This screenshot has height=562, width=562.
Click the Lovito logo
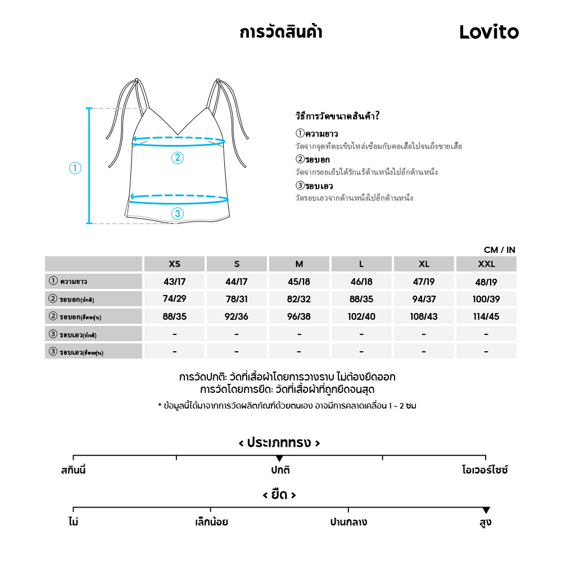[489, 32]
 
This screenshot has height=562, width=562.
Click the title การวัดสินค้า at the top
[280, 32]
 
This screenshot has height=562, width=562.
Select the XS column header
[175, 264]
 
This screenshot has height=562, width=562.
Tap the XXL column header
[486, 264]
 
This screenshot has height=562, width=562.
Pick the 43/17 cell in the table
[175, 282]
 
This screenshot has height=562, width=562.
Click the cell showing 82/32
[299, 299]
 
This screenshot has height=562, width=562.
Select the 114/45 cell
[486, 316]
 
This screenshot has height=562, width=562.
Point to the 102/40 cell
[361, 316]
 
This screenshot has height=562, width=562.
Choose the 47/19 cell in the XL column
[424, 282]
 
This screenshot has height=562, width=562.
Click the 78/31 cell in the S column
[237, 299]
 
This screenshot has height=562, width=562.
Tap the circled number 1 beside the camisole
[75, 167]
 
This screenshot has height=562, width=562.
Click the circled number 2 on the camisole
[178, 158]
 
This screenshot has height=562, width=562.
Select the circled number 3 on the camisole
[178, 213]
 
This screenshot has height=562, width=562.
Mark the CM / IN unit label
[499, 250]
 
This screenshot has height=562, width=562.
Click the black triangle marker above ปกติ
[279, 459]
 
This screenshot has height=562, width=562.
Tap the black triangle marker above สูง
[486, 510]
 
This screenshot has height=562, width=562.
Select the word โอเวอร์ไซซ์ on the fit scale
[484, 470]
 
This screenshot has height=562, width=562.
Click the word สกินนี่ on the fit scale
[74, 470]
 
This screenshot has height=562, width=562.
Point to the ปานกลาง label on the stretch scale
[348, 522]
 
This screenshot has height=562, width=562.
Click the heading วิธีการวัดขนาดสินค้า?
[337, 117]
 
